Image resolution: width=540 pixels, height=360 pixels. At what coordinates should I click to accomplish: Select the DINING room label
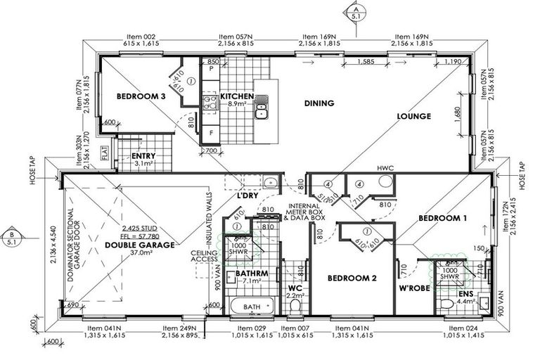point(319,103)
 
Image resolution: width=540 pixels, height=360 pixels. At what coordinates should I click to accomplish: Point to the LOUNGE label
point(413,117)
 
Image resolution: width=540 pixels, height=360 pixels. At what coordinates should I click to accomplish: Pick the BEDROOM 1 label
point(442,219)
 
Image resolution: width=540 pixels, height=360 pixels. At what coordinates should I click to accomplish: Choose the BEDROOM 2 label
point(353,278)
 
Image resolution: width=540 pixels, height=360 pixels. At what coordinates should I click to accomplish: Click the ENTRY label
point(143,156)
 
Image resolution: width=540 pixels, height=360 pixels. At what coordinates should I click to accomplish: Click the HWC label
point(386,169)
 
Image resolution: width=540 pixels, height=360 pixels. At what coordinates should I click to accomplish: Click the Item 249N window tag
point(180,328)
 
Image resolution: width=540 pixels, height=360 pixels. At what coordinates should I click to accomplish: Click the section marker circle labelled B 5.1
point(11,236)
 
